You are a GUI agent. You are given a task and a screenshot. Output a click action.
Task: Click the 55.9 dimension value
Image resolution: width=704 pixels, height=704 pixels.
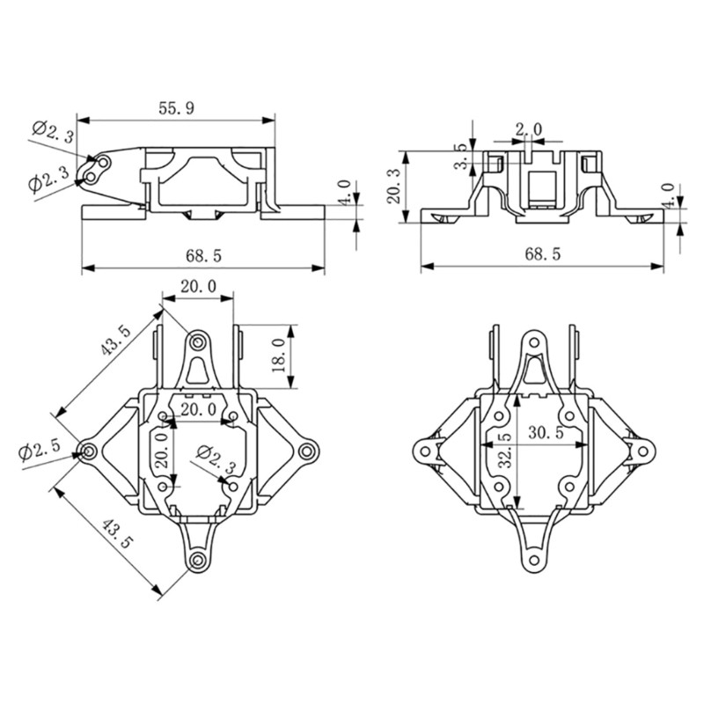[x=176, y=108]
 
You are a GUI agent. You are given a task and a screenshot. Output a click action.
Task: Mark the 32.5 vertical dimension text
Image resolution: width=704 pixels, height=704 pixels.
[x=502, y=451]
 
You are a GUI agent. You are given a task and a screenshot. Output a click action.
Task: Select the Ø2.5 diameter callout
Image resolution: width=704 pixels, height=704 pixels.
[x=40, y=450]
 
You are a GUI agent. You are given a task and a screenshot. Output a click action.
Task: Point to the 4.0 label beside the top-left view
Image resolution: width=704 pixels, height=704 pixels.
[x=345, y=192]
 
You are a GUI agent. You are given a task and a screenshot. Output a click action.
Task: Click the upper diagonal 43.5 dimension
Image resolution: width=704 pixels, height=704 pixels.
[x=115, y=341]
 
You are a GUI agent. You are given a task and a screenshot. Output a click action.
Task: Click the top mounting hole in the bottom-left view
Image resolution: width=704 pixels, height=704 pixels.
[x=199, y=340]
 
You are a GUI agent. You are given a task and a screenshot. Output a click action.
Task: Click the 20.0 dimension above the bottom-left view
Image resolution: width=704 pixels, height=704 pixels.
[x=198, y=287]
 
